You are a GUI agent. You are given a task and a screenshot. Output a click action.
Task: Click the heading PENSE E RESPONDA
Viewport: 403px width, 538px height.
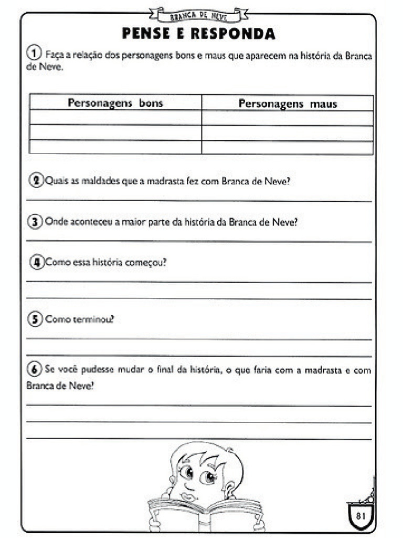[x=199, y=34]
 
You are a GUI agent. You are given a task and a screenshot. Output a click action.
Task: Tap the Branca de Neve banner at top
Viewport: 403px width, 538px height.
[x=198, y=14]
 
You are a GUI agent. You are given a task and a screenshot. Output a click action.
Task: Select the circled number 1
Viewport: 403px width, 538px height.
[x=34, y=53]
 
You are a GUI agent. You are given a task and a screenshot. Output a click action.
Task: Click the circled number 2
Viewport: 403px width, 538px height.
[x=36, y=181]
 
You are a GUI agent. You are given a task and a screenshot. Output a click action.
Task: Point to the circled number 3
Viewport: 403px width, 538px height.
[x=35, y=222]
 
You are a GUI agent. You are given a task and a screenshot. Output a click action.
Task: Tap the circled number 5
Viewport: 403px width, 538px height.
[x=35, y=319]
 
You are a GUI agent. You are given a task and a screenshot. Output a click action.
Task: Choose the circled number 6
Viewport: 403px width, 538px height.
[x=35, y=370]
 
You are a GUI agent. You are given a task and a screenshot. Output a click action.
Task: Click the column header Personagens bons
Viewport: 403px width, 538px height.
[x=115, y=103]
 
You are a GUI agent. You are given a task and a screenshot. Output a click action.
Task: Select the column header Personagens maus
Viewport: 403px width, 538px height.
[x=288, y=104]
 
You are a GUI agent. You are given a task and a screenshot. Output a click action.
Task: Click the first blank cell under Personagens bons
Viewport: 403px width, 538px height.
[x=115, y=118]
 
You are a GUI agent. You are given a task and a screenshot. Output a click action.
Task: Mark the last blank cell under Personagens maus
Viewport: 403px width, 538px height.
[x=288, y=148]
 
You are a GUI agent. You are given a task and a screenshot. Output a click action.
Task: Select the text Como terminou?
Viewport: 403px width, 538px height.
[x=79, y=319]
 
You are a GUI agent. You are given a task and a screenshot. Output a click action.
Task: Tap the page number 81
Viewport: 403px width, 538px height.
[x=360, y=515]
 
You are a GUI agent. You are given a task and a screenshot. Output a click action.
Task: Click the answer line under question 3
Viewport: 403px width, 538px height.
[x=199, y=241]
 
